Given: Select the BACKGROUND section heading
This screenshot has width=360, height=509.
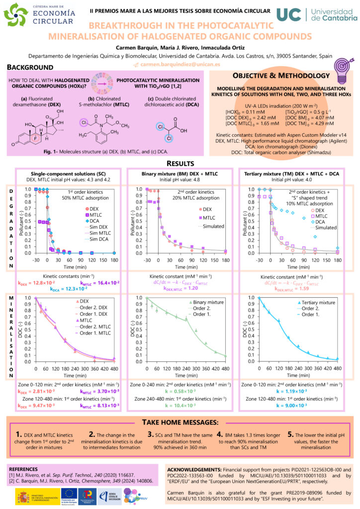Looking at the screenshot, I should click(x=31, y=67).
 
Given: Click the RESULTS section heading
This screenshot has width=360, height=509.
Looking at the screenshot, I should click(x=180, y=164).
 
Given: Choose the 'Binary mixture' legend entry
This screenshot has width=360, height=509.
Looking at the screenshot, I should click(x=207, y=302).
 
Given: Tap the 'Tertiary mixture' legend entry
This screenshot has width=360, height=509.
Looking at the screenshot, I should click(x=321, y=302).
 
